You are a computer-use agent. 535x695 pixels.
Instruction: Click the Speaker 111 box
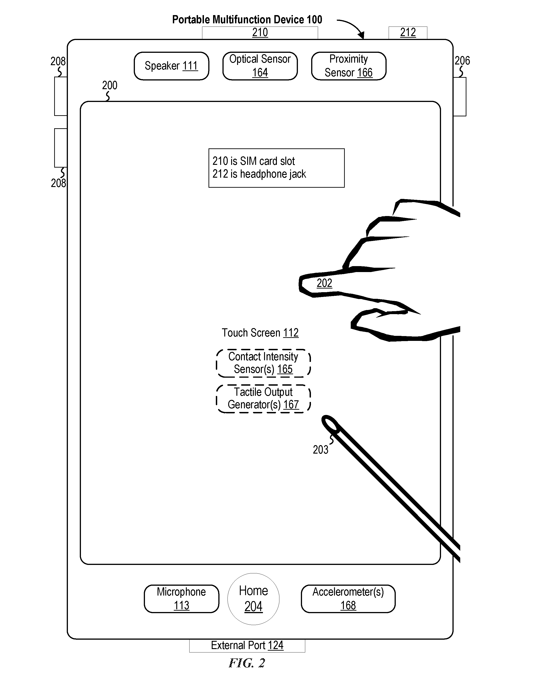pyautogui.click(x=171, y=66)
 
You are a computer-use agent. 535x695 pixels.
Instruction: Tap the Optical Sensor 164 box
pyautogui.click(x=260, y=66)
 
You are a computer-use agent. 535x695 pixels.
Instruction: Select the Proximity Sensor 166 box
pyautogui.click(x=348, y=66)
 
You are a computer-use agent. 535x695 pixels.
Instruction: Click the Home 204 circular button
pyautogui.click(x=253, y=599)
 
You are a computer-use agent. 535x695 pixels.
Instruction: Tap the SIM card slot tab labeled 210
pyautogui.click(x=260, y=33)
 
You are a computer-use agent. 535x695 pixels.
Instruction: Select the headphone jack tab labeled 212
pyautogui.click(x=408, y=33)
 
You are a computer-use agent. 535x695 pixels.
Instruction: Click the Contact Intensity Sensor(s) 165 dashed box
pyautogui.click(x=263, y=363)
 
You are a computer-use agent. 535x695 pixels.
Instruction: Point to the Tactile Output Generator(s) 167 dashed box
pyautogui.click(x=263, y=399)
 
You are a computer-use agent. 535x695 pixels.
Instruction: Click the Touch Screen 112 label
pyautogui.click(x=260, y=333)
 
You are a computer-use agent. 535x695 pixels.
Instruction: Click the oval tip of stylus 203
pyautogui.click(x=330, y=424)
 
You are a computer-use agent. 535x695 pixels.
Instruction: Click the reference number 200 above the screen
pyautogui.click(x=110, y=85)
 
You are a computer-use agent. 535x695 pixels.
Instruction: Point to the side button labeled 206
pyautogui.click(x=460, y=96)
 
